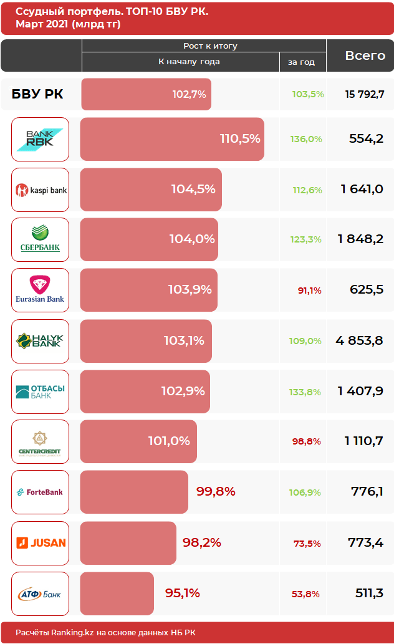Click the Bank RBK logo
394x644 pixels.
tap(40, 139)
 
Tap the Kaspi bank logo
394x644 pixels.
tap(40, 190)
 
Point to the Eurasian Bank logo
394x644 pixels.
tap(40, 291)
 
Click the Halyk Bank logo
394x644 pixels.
tap(40, 341)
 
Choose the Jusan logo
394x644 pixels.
tap(40, 543)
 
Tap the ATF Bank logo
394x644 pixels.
tap(40, 594)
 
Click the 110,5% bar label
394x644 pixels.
tap(240, 139)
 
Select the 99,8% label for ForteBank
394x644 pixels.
tap(216, 491)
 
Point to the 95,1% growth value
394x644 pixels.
tap(182, 593)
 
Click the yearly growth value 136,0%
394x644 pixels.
tap(306, 139)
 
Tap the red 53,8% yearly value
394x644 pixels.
tap(306, 594)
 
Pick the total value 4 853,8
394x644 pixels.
tap(359, 341)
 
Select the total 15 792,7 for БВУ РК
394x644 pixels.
tap(364, 94)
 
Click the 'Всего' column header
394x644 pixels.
tap(365, 55)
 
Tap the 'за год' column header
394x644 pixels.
tap(301, 62)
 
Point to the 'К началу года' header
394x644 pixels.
tap(189, 62)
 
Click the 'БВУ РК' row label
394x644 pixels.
tap(37, 94)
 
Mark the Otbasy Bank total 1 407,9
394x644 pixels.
tap(360, 391)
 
